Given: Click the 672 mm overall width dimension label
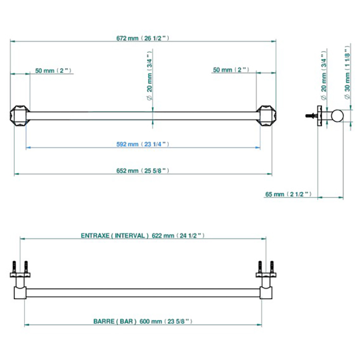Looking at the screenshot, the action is pos(142,38).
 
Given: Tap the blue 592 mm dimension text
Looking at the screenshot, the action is pos(142,144).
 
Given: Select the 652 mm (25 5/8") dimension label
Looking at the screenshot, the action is pos(142,171).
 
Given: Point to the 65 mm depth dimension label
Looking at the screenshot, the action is pos(289,194).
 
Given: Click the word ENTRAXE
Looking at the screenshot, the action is pos(95,236).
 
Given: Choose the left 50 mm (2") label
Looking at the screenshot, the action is pos(53,70).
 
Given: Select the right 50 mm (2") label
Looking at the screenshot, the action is pos(231,69).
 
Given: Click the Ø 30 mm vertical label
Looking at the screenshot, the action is pos(347,73).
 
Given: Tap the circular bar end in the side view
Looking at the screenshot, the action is pos(337,116).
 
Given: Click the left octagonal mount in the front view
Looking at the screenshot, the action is pos(20,116).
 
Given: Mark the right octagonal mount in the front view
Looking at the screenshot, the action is pos(266,116).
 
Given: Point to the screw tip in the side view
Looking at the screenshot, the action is pos(307,116).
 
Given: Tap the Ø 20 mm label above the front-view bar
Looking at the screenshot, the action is pos(149,76).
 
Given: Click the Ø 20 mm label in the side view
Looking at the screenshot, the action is pos(323,75).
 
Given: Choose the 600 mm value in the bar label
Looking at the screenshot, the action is pos(151,321).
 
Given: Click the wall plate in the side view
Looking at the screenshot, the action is pos(319,116).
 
